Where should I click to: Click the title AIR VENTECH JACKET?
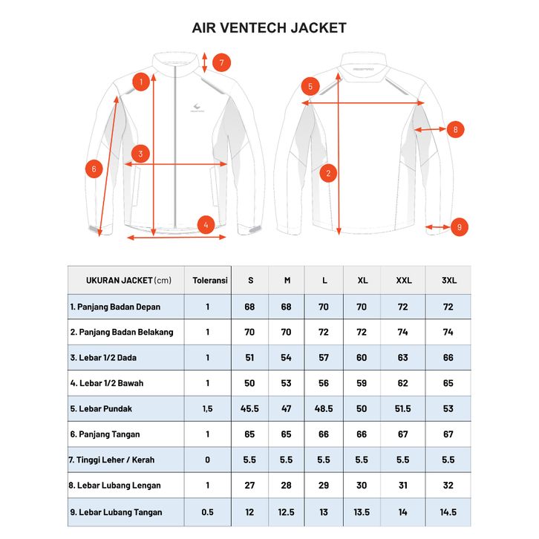click(x=269, y=28)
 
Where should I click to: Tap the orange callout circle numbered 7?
click(x=221, y=62)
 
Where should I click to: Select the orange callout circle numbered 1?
click(x=140, y=81)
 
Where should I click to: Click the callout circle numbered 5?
click(x=311, y=87)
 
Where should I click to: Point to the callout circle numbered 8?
click(x=454, y=129)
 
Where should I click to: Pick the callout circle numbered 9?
click(x=460, y=226)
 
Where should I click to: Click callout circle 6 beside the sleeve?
click(x=94, y=169)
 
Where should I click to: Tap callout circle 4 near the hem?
click(x=206, y=224)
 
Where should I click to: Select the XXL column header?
click(x=403, y=281)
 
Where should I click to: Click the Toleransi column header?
click(x=209, y=281)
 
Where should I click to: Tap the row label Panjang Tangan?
click(x=105, y=434)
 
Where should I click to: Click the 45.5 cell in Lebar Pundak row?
click(x=249, y=408)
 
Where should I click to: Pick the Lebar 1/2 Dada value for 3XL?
click(x=448, y=358)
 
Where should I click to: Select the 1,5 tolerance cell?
click(x=208, y=408)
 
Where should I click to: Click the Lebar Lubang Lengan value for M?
click(x=287, y=486)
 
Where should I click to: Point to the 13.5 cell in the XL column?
click(x=363, y=512)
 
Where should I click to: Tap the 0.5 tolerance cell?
click(x=208, y=512)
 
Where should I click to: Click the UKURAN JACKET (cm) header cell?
click(x=127, y=281)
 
